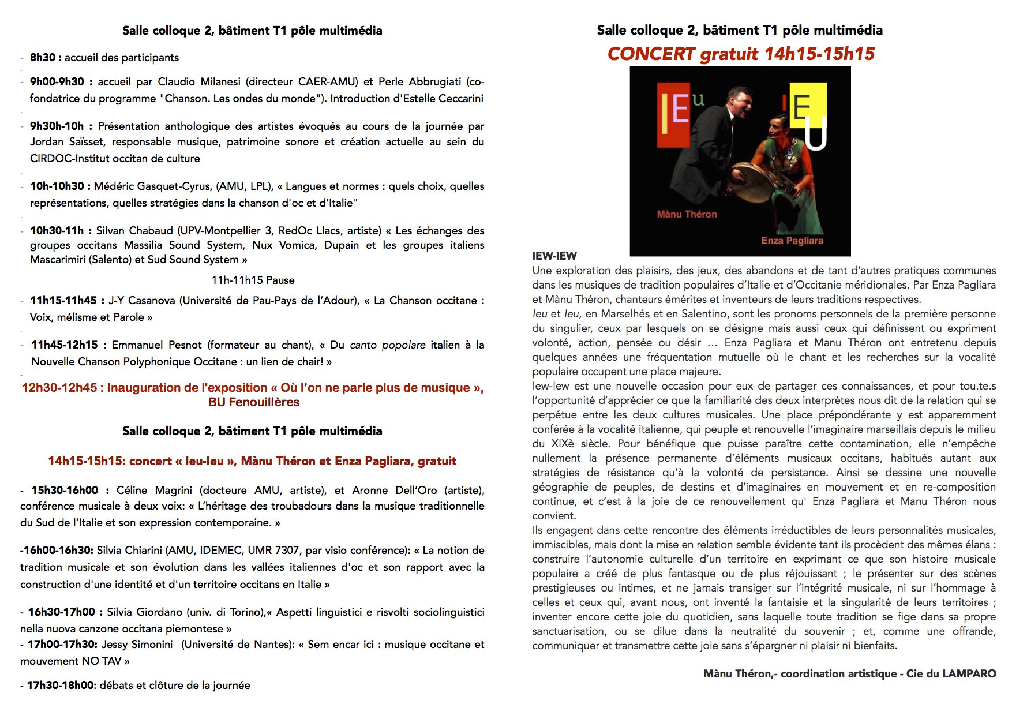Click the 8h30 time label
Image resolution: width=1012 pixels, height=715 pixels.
point(43,57)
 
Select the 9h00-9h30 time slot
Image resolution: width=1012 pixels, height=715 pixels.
point(57,82)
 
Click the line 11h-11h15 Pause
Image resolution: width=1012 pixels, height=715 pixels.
point(253,280)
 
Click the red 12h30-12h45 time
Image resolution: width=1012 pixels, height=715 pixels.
point(59,388)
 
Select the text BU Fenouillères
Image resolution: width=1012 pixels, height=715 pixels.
point(254,402)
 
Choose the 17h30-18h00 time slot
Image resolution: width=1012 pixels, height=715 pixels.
point(60,686)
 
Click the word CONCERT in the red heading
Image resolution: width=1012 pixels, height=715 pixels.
point(651,54)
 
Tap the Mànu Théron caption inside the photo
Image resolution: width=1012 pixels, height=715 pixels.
point(687,214)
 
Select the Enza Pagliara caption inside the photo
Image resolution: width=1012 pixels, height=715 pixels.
point(792,241)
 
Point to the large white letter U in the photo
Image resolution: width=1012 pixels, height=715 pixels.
point(815,136)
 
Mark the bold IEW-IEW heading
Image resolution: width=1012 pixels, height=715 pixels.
point(554,256)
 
